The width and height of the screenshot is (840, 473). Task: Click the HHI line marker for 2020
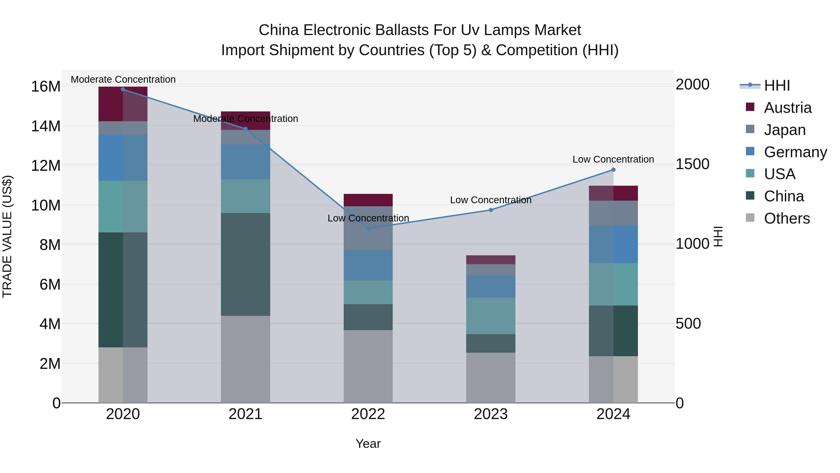click(123, 89)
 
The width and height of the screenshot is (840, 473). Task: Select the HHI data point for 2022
click(368, 228)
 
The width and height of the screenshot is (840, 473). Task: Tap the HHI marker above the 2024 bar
click(613, 170)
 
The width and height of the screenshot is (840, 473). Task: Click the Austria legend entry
click(787, 108)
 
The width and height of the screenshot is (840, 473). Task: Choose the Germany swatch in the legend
click(750, 151)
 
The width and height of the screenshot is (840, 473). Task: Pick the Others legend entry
click(787, 218)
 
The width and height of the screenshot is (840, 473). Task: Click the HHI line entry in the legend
click(777, 85)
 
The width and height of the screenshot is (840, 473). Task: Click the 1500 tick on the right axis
click(692, 164)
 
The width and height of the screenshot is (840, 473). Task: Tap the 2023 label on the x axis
click(490, 414)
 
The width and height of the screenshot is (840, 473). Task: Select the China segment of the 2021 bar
click(245, 264)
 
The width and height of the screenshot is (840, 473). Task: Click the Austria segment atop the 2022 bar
click(368, 200)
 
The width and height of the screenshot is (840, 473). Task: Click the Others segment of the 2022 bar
click(368, 366)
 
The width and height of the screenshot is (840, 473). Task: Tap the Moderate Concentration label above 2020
click(123, 79)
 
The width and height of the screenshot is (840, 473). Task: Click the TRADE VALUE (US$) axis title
click(7, 236)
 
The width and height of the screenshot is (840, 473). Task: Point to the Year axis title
click(368, 444)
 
